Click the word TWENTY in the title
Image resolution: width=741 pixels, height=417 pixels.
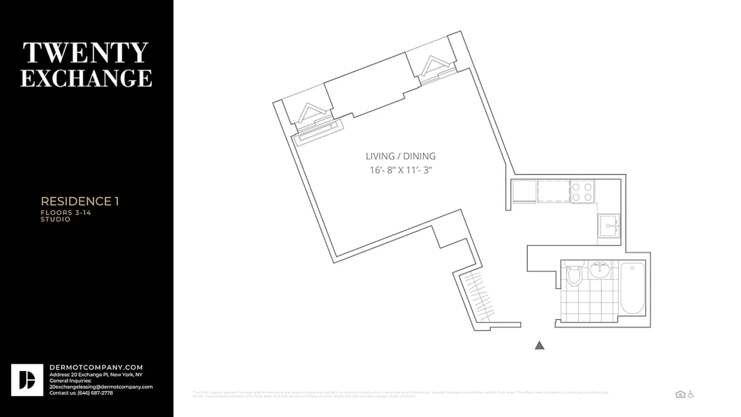[86, 53]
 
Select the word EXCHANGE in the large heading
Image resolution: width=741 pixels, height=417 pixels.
[86, 78]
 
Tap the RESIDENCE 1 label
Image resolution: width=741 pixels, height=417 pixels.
[80, 201]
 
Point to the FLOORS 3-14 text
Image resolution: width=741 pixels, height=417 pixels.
[66, 213]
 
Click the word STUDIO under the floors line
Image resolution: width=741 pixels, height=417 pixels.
[56, 219]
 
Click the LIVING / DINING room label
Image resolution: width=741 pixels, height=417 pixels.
[400, 156]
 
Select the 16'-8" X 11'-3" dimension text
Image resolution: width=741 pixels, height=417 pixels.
[400, 170]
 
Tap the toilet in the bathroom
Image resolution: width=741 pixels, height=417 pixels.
[574, 274]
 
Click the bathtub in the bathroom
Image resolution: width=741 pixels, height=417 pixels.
[633, 288]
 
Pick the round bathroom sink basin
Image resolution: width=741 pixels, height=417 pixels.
[600, 270]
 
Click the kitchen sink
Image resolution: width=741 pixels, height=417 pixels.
[609, 226]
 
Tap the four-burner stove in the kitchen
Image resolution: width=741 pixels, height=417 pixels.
[582, 191]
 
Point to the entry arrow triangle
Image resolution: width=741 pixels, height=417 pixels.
[540, 345]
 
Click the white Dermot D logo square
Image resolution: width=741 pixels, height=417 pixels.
[27, 380]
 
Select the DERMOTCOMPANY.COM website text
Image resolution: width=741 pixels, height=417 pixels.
[96, 367]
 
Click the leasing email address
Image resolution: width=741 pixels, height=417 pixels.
[101, 387]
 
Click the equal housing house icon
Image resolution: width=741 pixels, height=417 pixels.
[680, 394]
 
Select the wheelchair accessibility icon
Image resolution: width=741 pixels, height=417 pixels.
[691, 394]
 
